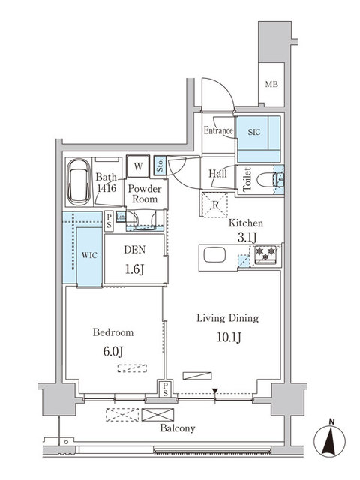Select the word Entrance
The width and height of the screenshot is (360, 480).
(217, 131)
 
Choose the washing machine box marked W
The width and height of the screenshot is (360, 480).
(137, 166)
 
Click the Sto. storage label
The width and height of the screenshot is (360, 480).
(160, 164)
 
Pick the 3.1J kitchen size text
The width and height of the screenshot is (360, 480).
(248, 237)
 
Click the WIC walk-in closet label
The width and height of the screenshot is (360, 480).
(88, 254)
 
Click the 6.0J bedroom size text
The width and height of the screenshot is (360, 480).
(113, 349)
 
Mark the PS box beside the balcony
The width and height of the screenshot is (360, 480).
(163, 387)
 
